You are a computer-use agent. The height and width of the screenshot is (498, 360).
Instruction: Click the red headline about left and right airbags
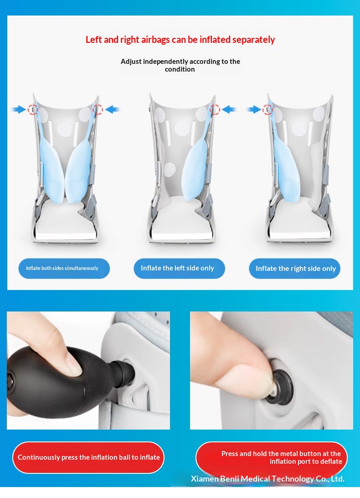click(x=180, y=40)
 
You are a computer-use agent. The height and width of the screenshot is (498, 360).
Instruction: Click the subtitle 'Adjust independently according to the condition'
click(x=180, y=65)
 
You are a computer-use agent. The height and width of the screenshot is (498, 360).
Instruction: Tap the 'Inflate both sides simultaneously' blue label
click(x=64, y=268)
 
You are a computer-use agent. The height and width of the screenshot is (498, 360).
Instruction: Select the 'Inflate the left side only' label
click(x=179, y=268)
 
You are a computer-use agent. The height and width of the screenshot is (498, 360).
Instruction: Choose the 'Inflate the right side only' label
click(x=294, y=269)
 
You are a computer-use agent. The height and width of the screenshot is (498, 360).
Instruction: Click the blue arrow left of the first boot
click(x=19, y=109)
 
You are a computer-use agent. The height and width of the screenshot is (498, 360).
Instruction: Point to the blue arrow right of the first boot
click(x=112, y=109)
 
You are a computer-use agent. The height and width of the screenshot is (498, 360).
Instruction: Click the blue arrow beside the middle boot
click(x=229, y=109)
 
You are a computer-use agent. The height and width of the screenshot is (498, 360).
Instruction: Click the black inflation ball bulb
click(x=47, y=378)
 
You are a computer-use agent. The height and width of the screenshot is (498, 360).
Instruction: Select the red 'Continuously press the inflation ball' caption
click(x=88, y=457)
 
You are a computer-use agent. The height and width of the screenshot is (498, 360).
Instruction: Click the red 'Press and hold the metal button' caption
click(x=272, y=457)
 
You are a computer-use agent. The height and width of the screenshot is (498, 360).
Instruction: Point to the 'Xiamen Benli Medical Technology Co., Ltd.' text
click(x=267, y=479)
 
